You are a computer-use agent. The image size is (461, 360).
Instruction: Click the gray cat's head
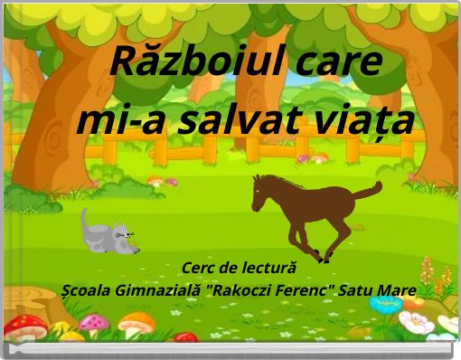(x=120, y=237)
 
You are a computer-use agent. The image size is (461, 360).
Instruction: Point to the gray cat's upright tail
(x=84, y=221)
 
